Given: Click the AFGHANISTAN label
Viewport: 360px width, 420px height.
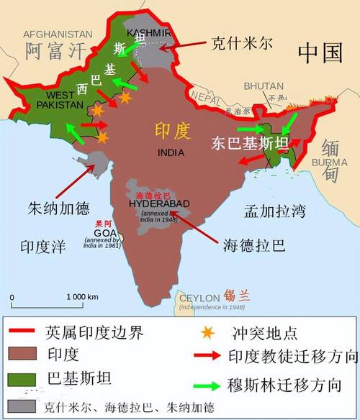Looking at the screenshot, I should [58, 34].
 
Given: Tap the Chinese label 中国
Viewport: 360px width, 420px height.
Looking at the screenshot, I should [320, 52].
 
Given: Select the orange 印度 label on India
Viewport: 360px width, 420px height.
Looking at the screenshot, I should [172, 131].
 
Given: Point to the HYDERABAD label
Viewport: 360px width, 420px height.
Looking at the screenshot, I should [158, 204].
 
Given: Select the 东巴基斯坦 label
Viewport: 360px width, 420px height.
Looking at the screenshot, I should [250, 143].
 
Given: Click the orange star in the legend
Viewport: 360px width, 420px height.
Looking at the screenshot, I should [208, 333].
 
